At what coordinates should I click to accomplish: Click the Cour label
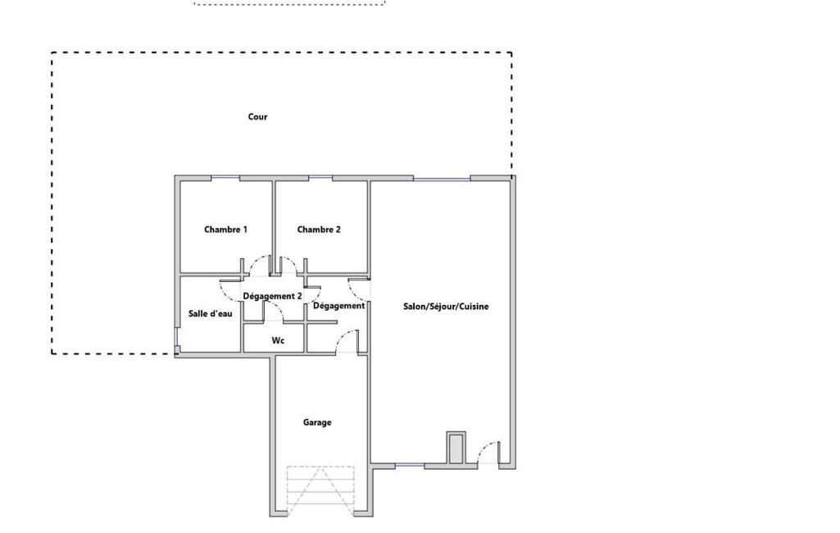pos(257,116)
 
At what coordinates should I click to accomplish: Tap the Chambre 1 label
pos(225,230)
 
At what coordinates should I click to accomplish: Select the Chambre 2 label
pos(319,230)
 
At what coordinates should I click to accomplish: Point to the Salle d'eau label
pos(210,313)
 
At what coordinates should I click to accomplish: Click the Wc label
pos(278,340)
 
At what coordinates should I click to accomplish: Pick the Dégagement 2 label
pos(272,296)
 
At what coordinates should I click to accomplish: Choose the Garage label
pos(317,422)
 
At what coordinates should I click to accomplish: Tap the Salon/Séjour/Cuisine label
pos(446,306)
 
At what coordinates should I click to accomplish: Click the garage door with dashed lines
pos(320,490)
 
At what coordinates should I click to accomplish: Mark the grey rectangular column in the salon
pos(456,448)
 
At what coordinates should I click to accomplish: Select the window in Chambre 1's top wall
pos(225,177)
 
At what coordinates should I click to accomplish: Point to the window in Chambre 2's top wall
pos(320,177)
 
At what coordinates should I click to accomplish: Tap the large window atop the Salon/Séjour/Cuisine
pos(442,178)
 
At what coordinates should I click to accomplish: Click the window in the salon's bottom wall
pos(409,466)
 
